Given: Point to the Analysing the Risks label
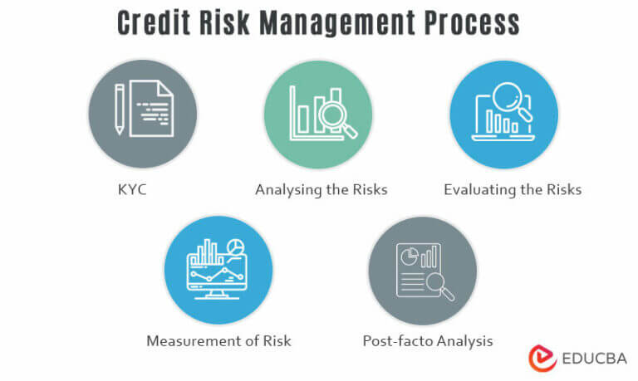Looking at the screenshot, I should point(321,189).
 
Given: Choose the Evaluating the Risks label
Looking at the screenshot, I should point(512,189).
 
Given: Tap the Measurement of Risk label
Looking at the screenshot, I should point(218,340).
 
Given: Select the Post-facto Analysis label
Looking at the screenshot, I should point(428,340).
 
